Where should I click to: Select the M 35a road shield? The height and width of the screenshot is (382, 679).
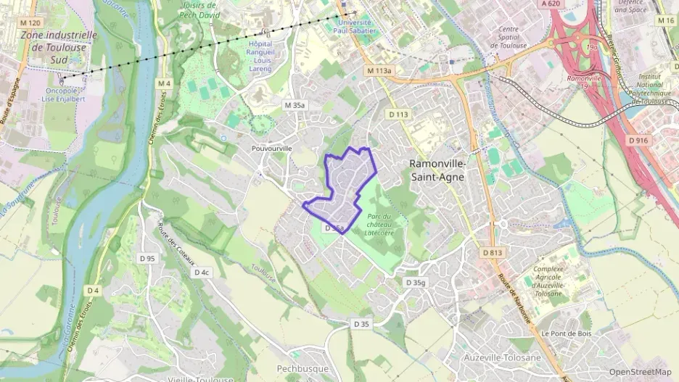(x=295, y=105)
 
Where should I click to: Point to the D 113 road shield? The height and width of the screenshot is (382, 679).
(x=399, y=114)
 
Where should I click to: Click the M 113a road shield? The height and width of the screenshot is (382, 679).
(x=379, y=71)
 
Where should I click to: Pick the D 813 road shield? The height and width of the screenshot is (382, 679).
(x=492, y=252)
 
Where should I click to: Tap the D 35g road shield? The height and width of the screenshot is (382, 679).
(x=416, y=282)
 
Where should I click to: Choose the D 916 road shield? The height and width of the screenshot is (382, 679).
(x=638, y=140)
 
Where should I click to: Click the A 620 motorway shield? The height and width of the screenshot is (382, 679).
(x=551, y=4)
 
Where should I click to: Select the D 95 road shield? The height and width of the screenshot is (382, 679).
(x=147, y=258)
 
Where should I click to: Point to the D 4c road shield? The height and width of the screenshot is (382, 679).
(x=201, y=273)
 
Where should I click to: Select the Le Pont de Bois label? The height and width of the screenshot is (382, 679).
(x=567, y=333)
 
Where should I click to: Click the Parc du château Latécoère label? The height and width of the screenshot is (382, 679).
(x=379, y=225)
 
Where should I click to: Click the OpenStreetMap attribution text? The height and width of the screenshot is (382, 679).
(x=640, y=372)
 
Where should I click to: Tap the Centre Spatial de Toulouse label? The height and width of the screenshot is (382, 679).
(x=514, y=37)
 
